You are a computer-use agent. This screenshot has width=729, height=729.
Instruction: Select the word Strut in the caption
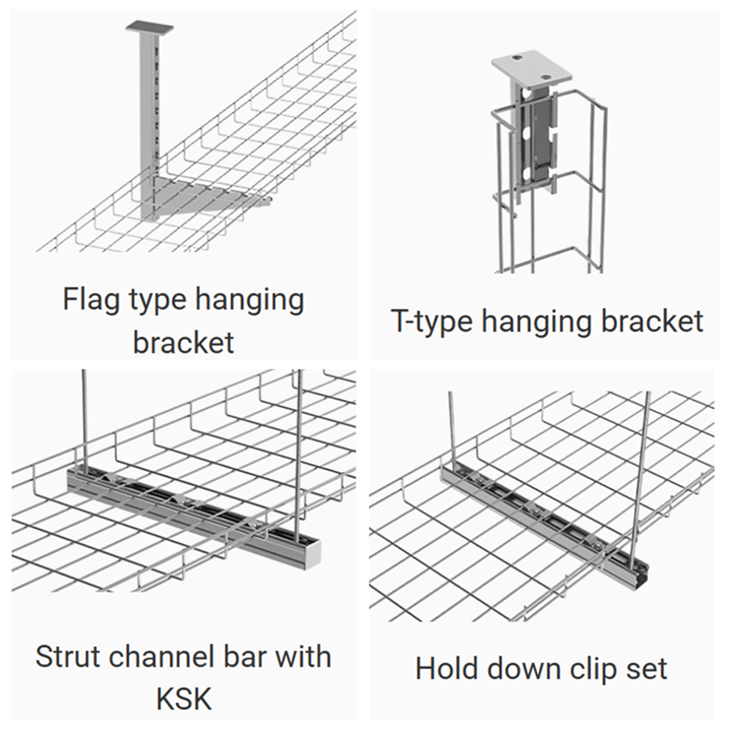[x=68, y=657]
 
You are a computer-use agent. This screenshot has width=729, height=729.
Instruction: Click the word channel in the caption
[x=163, y=657]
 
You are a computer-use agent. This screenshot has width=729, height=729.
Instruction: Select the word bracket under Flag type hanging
[x=184, y=343]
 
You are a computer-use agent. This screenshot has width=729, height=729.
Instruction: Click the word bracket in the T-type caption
[x=652, y=322]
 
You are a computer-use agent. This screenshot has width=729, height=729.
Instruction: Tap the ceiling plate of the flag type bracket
[x=150, y=28]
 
